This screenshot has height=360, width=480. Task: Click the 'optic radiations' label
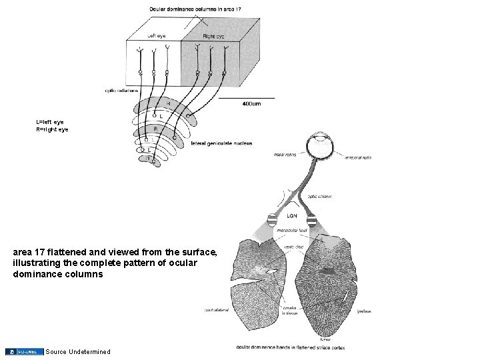tap(121, 90)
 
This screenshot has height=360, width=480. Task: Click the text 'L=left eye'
tap(50, 122)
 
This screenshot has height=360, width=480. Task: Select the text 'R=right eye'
tap(52, 129)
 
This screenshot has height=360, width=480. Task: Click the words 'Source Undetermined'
tap(78, 351)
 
